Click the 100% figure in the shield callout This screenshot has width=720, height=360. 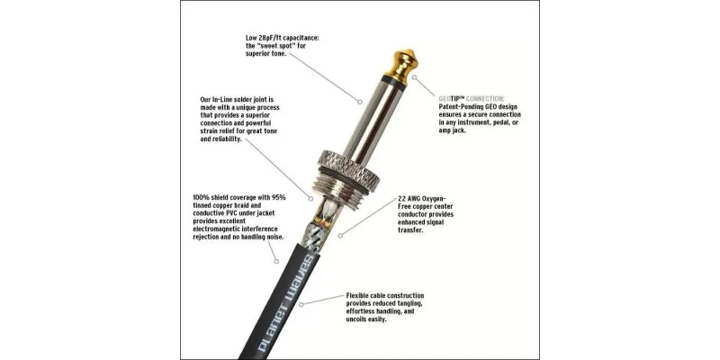(202, 197)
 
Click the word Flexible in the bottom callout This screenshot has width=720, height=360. (361, 294)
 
